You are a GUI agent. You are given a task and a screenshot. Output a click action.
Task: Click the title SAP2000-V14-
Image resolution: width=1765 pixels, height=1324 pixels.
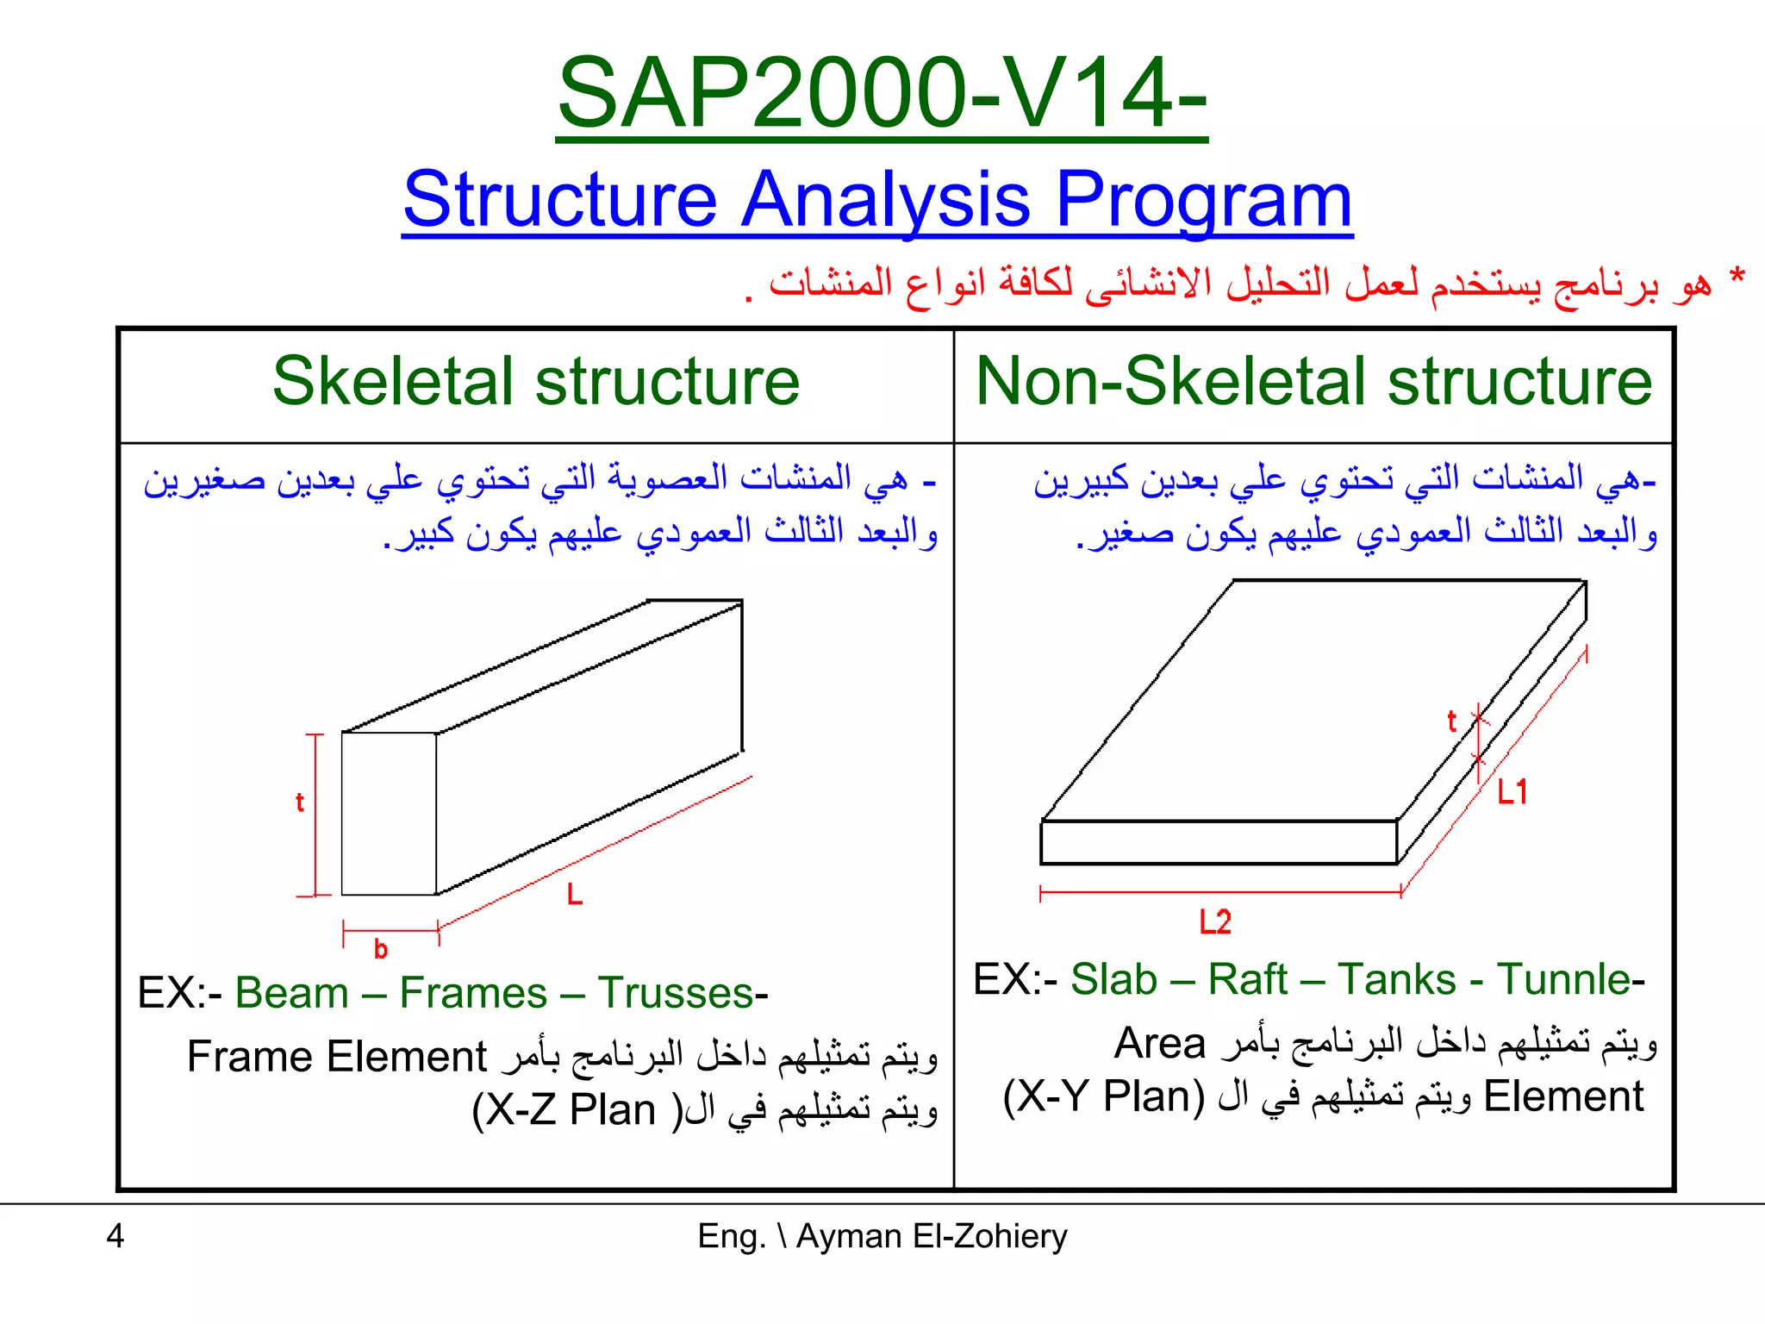click(881, 92)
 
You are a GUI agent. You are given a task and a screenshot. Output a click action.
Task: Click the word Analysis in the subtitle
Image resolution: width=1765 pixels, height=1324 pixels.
click(885, 200)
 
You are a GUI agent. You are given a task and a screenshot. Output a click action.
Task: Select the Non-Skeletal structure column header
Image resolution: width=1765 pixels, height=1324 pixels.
click(1313, 382)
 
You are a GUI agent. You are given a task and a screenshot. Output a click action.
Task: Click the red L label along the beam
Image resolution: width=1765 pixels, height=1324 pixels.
click(575, 895)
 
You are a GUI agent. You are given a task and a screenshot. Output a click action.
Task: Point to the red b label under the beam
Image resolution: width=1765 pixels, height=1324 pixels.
click(380, 950)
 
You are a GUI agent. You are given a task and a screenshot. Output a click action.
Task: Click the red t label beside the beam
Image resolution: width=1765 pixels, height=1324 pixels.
click(300, 803)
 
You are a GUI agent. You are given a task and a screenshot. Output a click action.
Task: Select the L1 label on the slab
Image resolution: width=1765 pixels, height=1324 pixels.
click(1512, 791)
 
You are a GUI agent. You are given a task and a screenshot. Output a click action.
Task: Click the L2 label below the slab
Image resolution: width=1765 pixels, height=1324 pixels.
click(1215, 922)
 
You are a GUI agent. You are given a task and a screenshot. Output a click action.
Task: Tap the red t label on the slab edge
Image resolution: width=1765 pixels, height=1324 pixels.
click(1451, 721)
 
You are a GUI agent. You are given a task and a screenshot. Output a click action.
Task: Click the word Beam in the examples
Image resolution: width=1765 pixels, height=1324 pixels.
click(291, 993)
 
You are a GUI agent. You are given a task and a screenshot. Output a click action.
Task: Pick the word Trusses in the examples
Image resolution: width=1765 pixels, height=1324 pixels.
click(677, 993)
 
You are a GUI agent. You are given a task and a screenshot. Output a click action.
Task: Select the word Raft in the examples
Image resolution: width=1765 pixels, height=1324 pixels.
click(1247, 980)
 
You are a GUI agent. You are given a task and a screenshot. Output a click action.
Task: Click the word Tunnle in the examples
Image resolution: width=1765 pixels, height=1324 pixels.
click(1564, 980)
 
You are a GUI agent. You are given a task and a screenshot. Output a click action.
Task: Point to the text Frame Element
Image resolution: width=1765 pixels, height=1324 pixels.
click(337, 1057)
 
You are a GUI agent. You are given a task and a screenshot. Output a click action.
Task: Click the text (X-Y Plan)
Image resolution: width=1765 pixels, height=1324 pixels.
click(1104, 1096)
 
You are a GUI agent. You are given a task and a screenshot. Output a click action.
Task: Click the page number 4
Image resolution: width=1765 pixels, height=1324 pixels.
click(115, 1236)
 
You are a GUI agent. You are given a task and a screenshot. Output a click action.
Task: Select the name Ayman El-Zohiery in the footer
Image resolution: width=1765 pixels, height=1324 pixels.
click(931, 1236)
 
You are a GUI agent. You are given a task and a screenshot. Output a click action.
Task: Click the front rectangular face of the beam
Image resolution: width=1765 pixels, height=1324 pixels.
click(389, 814)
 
